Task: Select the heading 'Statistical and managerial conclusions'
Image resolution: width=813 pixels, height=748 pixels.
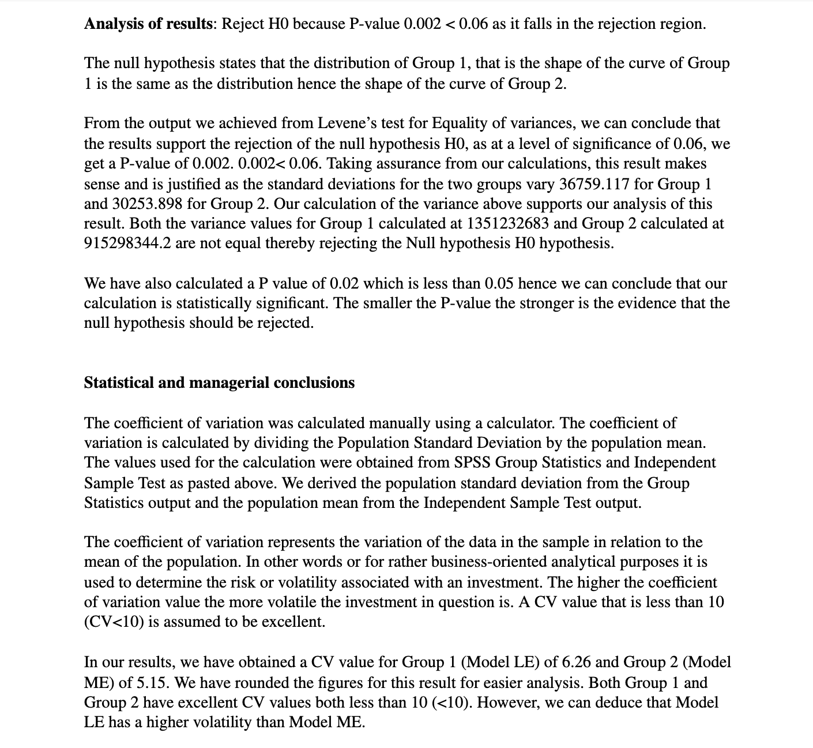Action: [219, 383]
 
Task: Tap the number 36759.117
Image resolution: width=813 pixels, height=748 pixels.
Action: [597, 184]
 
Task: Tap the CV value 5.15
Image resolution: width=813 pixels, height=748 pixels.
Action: [152, 683]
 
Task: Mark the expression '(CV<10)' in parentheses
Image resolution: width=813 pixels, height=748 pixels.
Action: [112, 622]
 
